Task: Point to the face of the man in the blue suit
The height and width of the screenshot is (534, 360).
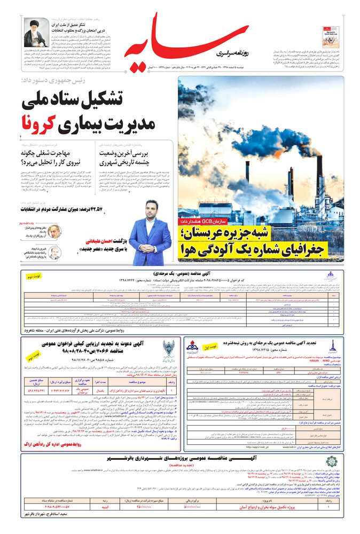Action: [150, 212]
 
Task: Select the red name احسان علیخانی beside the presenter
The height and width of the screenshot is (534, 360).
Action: [104, 242]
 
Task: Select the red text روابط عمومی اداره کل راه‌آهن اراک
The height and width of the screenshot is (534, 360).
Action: [59, 443]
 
